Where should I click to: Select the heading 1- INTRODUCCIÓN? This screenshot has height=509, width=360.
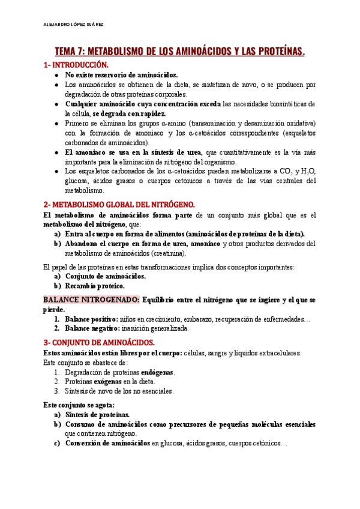(76, 64)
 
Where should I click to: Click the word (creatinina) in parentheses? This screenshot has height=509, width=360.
(166, 253)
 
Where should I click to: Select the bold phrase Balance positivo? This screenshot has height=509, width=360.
(92, 319)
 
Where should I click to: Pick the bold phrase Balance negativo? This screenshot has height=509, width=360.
(92, 328)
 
